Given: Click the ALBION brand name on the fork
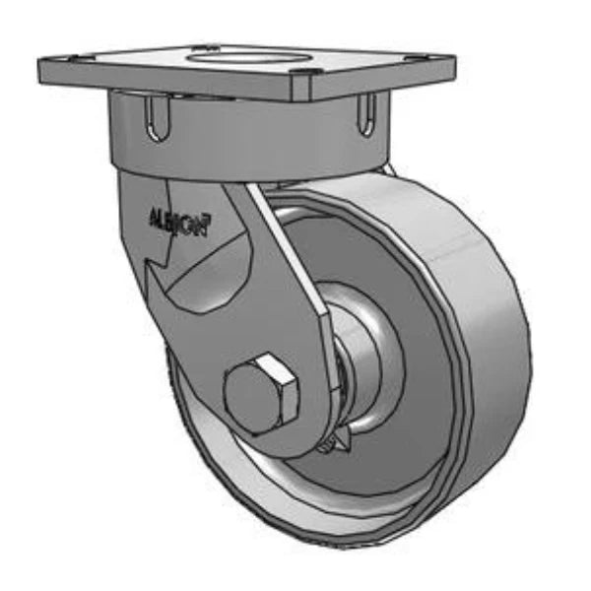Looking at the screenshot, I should pos(177,221).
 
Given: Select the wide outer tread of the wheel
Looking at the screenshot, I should pos(463,325).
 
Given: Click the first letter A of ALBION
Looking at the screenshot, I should pos(151,215).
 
